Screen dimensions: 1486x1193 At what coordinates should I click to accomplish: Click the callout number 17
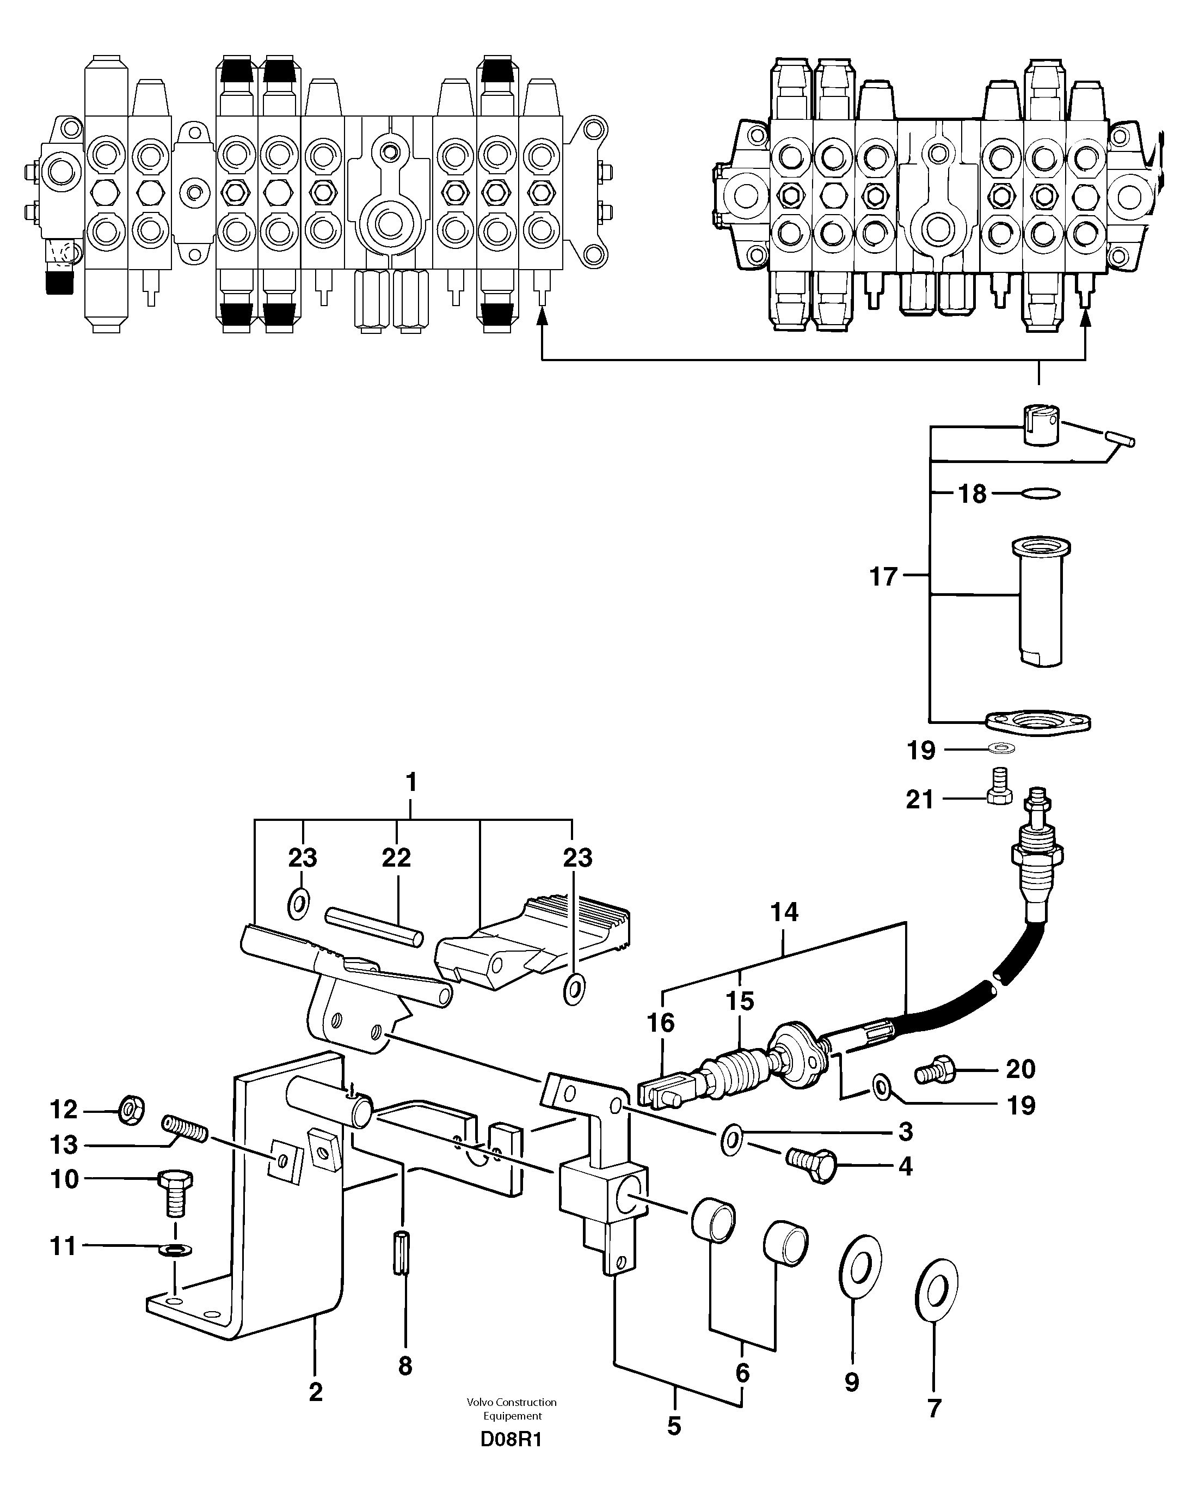884,576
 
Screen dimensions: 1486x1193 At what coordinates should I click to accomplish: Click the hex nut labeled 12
130,1110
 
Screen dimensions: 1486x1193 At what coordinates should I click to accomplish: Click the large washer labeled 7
936,1288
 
